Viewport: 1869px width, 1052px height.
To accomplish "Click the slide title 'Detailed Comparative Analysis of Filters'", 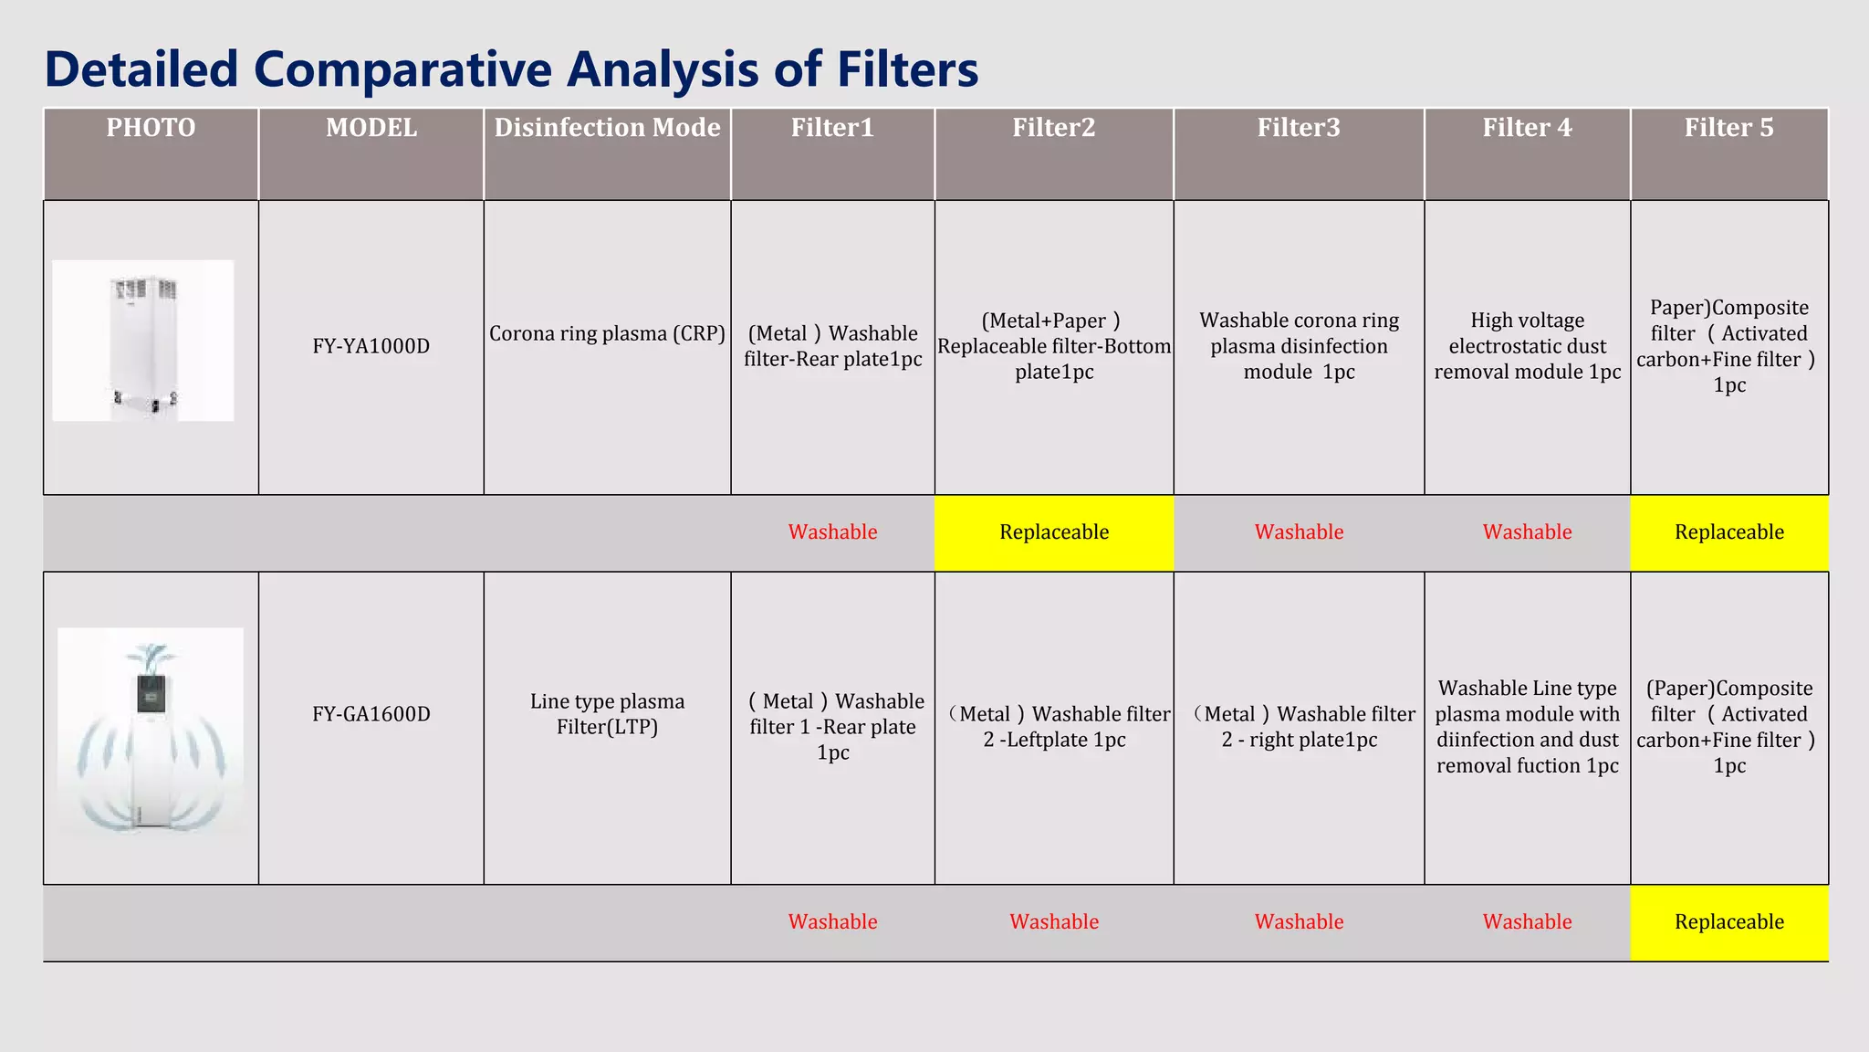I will pos(511,69).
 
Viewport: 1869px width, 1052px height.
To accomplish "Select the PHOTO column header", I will pos(151,128).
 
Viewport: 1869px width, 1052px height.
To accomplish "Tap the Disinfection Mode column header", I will pos(607,128).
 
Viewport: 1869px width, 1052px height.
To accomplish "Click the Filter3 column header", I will pos(1299,128).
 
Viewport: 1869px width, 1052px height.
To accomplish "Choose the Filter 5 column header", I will pos(1728,128).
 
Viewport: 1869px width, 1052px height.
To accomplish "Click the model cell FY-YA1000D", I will pos(371,346).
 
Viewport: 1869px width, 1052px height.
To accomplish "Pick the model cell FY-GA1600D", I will pos(371,714).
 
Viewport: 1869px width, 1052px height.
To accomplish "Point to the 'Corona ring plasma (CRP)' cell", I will pos(607,333).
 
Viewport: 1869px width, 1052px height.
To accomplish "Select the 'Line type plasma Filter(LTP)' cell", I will pos(607,714).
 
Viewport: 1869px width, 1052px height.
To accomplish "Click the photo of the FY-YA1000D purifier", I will pos(143,341).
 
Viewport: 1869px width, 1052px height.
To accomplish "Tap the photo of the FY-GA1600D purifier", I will pos(151,731).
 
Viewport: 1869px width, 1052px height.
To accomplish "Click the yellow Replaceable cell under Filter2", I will pos(1054,532).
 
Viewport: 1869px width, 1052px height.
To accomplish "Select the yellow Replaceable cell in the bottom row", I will pos(1728,922).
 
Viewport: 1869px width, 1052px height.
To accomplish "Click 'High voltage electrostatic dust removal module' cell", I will pos(1527,346).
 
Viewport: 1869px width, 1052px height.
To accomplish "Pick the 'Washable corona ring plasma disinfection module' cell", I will pos(1299,346).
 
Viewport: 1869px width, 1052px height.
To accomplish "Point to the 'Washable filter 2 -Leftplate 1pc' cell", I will pos(1054,727).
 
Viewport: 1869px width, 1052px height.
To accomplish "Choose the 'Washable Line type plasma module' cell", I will pos(1527,727).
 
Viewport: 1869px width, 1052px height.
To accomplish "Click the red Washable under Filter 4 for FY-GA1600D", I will pos(1527,922).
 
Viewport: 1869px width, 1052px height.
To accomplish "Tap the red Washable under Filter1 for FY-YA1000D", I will pos(832,532).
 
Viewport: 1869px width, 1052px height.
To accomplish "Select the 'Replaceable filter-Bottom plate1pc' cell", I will pos(1054,346).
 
